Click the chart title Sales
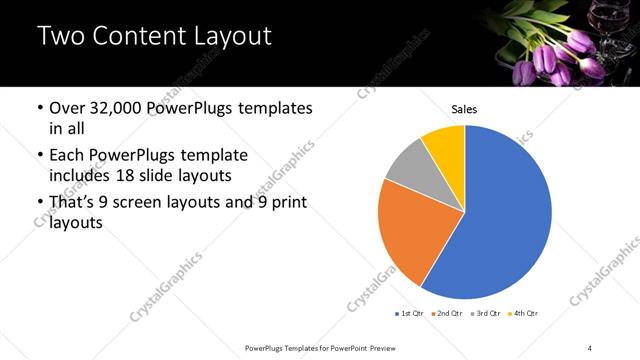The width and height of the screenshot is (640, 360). (465, 108)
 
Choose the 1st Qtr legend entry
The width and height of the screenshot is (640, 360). (411, 314)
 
